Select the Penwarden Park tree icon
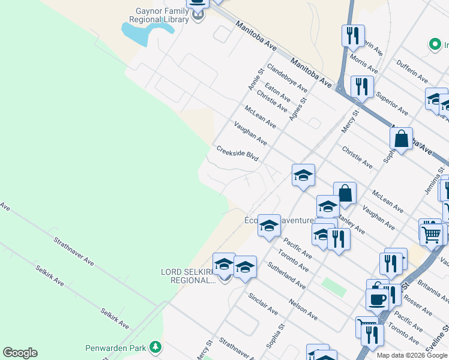pos(156,347)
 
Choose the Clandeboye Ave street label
pos(287,79)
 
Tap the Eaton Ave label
pos(278,93)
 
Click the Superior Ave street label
pos(391,103)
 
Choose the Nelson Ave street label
pos(303,308)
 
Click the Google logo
pos(20,353)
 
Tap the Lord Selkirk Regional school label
pos(188,276)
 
